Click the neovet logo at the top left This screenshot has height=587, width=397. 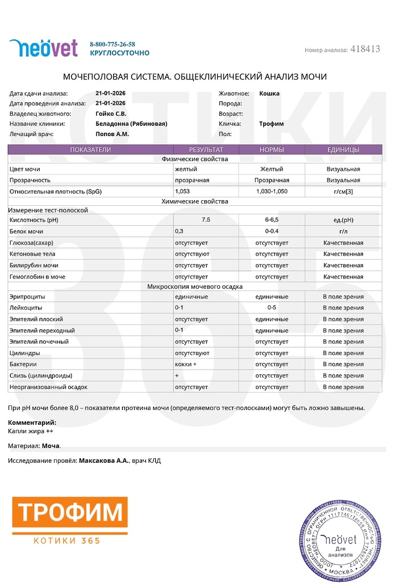coord(43,48)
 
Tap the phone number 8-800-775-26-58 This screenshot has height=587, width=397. coord(112,44)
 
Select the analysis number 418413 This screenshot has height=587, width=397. coord(366,49)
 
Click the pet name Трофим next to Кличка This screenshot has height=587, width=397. coord(271,124)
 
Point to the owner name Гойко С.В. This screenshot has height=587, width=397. coord(111,113)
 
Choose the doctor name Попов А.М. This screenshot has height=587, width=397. coord(112,134)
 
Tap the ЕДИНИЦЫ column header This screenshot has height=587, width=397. coord(343,150)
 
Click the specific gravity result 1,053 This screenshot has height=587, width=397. coord(183,192)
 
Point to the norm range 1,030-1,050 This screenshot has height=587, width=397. coord(272,192)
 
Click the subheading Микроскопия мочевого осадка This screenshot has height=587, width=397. coord(195,286)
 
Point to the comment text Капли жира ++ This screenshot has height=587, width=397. coord(31,431)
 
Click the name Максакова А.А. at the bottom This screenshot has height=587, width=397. coord(104,461)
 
